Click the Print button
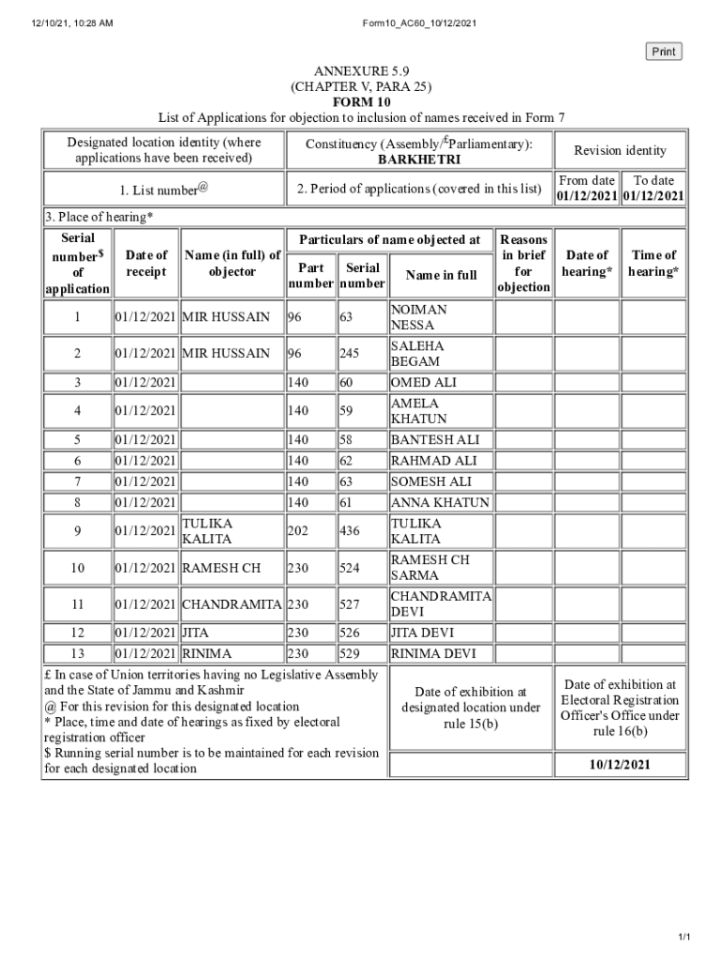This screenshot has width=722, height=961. tap(664, 52)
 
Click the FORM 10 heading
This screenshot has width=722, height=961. tap(361, 101)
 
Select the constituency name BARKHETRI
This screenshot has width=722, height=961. tap(419, 160)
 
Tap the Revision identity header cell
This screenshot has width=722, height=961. tap(620, 150)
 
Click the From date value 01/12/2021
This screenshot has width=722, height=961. tap(587, 196)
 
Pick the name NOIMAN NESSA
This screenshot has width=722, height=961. tap(419, 317)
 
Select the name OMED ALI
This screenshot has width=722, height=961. tap(423, 382)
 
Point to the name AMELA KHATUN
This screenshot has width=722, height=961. tap(419, 411)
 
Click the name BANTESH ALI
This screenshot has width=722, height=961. tap(435, 439)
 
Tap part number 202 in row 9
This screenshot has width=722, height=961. tap(297, 531)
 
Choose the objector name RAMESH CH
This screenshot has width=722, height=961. tap(221, 568)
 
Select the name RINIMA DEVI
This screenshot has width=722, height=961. tap(433, 653)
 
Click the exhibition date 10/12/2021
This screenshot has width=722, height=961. tap(620, 765)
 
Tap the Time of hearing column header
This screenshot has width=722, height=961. tap(654, 263)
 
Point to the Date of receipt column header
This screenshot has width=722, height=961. tap(146, 263)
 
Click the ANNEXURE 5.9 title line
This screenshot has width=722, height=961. tap(361, 71)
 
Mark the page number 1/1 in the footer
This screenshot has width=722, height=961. tap(684, 938)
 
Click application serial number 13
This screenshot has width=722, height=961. tap(77, 653)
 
